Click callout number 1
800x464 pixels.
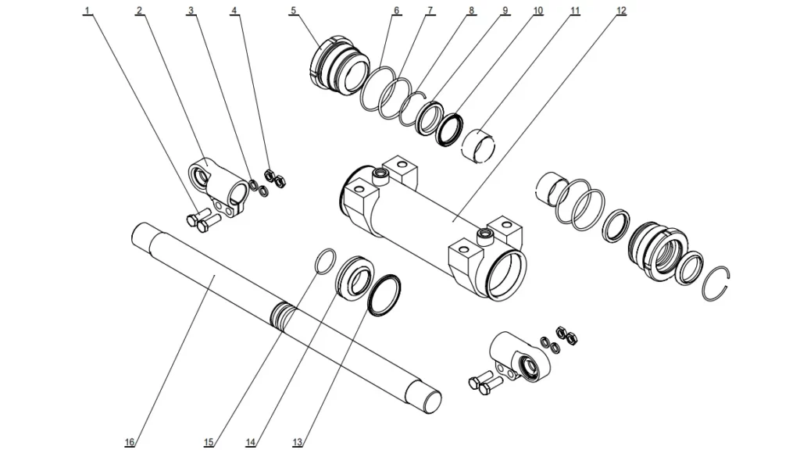87,11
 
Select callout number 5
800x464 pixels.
293,11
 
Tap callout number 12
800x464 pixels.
621,11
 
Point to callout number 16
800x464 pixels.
130,443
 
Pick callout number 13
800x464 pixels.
298,443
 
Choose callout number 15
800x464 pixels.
209,443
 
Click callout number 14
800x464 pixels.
251,443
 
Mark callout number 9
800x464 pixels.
505,11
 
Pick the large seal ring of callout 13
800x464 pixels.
384,296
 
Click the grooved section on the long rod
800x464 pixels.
283,317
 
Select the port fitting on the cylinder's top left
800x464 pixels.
381,173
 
